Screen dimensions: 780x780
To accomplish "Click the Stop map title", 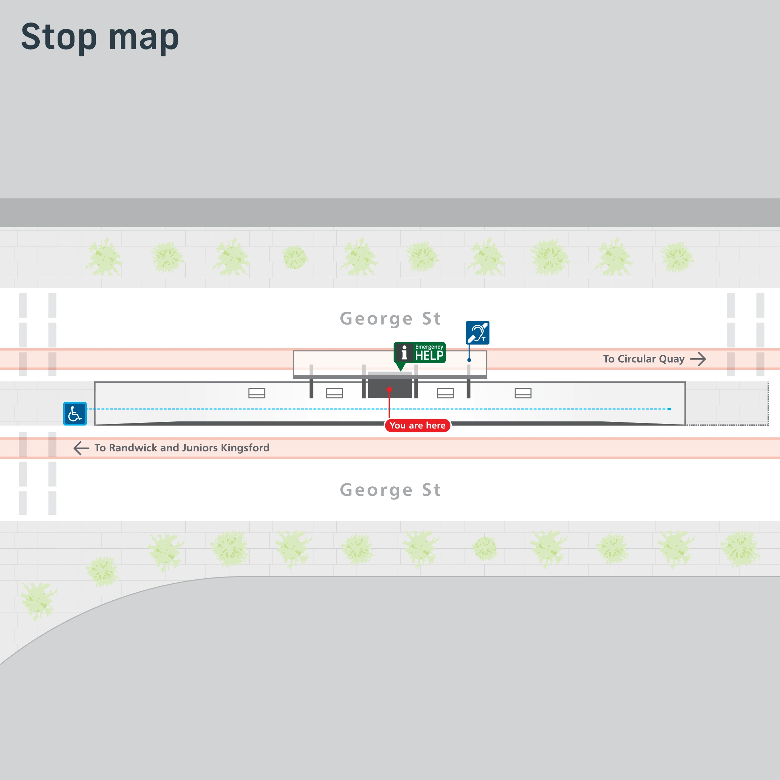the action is (100, 37).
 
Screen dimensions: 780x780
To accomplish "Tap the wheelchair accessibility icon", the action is (75, 414).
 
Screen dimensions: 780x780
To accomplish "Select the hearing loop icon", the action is (478, 333).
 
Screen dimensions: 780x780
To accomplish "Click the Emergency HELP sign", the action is (420, 353).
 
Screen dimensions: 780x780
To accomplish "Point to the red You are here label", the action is (417, 425).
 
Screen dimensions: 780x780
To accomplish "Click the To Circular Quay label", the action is (643, 359).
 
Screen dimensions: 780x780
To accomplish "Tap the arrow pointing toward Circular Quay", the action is (698, 359).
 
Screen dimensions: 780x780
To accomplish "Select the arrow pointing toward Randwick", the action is (81, 448).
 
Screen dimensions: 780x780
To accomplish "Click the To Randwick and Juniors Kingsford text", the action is (182, 448).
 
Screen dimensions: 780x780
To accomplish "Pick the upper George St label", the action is (390, 319).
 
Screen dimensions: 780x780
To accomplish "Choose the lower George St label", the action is (390, 490).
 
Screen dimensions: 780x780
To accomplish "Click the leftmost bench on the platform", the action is (257, 393).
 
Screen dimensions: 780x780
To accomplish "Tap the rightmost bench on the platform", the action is (523, 393).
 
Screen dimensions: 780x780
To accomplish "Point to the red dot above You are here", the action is (389, 389).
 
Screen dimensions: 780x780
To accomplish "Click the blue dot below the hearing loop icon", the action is (469, 360).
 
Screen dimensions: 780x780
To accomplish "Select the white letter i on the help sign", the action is (404, 352).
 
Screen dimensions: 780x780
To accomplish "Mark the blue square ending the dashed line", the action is (669, 409).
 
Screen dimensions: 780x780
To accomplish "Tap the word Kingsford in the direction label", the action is (245, 448).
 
